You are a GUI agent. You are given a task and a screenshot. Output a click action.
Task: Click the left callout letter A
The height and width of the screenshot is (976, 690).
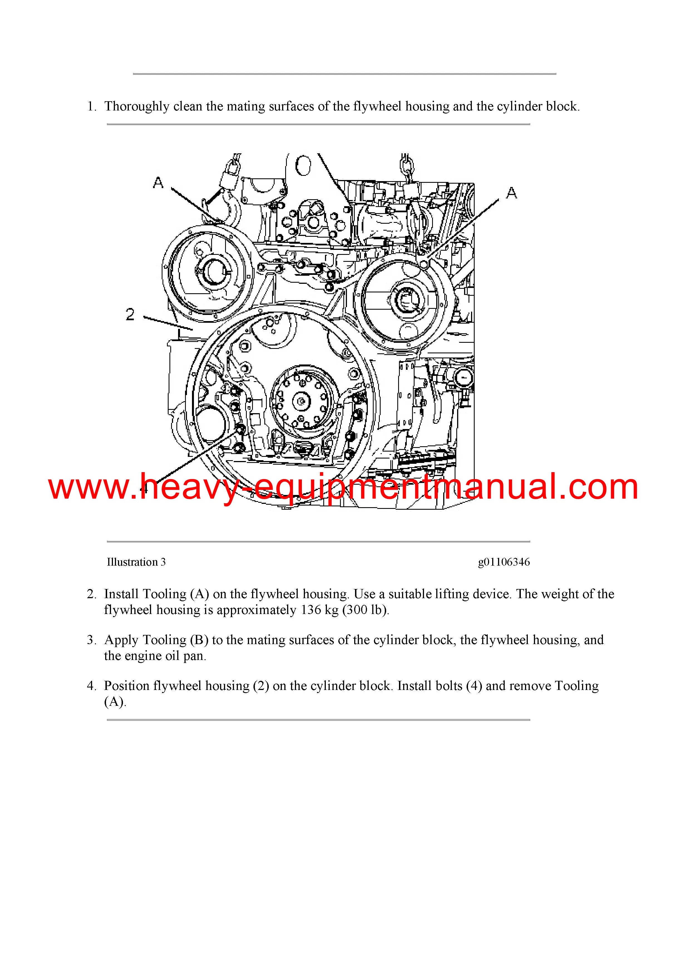(x=158, y=183)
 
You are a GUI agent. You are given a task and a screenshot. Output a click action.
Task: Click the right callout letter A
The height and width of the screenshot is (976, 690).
(x=511, y=193)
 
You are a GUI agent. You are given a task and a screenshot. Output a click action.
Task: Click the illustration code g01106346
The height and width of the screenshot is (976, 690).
(x=504, y=562)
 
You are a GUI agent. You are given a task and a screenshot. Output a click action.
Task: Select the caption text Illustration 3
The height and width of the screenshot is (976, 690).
(x=136, y=562)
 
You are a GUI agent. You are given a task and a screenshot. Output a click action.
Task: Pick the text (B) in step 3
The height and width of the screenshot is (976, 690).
(x=199, y=640)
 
